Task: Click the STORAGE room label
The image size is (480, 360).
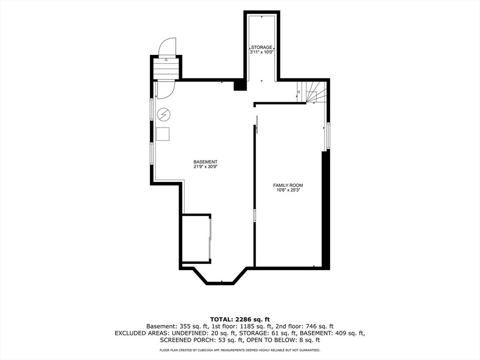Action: point(262,47)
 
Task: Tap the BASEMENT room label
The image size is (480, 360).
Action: point(205,162)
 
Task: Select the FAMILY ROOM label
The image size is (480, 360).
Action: point(288,185)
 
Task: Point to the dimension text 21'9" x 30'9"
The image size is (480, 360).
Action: point(205,167)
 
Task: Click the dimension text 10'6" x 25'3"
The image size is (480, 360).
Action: point(288,190)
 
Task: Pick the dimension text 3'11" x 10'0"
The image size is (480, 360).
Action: point(262,52)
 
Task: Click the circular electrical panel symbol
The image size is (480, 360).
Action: point(164,115)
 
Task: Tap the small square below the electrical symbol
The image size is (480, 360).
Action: point(163,134)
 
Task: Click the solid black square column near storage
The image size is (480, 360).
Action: point(240,85)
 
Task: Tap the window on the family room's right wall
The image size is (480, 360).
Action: point(328,136)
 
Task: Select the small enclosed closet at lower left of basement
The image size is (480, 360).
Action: point(196,239)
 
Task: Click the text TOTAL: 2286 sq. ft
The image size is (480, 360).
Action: point(240,320)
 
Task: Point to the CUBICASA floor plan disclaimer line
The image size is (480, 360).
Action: point(240,350)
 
